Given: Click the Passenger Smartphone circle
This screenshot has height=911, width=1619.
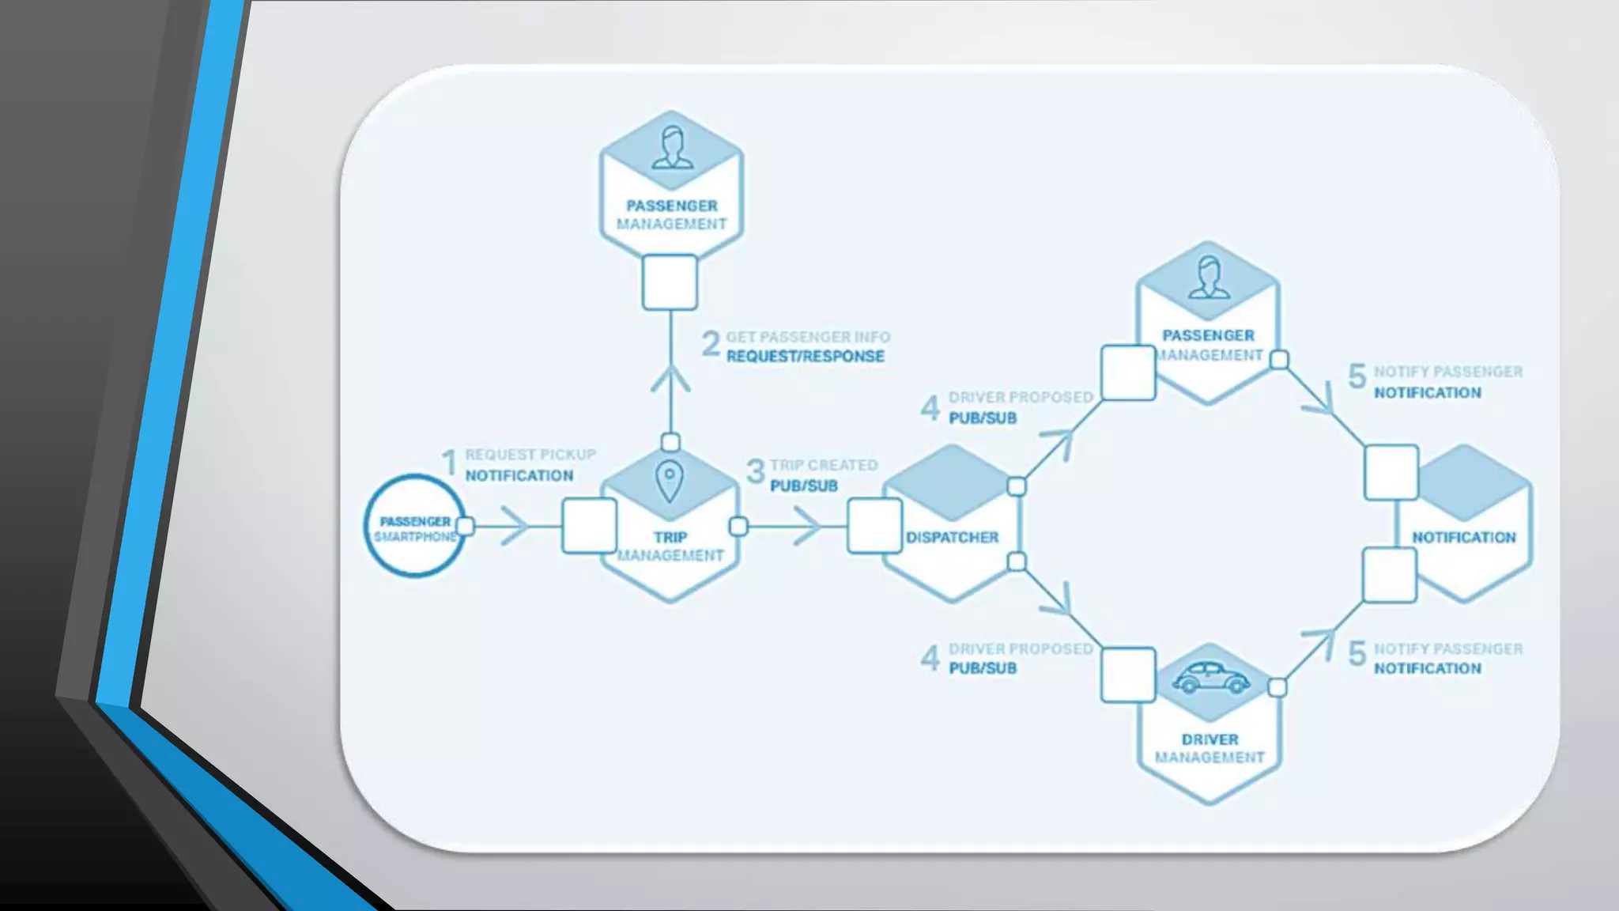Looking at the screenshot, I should pyautogui.click(x=414, y=526).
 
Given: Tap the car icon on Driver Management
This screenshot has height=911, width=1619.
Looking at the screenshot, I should pyautogui.click(x=1210, y=678).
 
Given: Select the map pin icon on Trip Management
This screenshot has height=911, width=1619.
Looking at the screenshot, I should pyautogui.click(x=670, y=480).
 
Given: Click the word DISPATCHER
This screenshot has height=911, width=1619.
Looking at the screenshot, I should pyautogui.click(x=952, y=538).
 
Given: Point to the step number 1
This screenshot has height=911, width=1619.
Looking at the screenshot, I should pyautogui.click(x=449, y=463).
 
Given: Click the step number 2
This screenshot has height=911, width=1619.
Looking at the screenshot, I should pyautogui.click(x=711, y=344).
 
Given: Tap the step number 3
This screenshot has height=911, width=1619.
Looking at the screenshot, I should pyautogui.click(x=756, y=472).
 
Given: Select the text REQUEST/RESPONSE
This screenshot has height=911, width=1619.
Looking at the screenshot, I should pyautogui.click(x=805, y=357).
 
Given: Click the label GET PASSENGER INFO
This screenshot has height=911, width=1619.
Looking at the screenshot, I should pyautogui.click(x=808, y=337).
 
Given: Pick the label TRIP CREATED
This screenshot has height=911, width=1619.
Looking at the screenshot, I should pyautogui.click(x=824, y=465).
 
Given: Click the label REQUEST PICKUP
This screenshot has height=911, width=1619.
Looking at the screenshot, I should pyautogui.click(x=530, y=455).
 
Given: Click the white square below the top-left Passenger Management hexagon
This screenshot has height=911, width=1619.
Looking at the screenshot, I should pyautogui.click(x=670, y=282).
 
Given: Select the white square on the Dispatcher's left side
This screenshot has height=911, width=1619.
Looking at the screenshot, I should pyautogui.click(x=874, y=526).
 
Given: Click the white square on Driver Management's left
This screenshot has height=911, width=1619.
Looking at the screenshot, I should pyautogui.click(x=1128, y=675).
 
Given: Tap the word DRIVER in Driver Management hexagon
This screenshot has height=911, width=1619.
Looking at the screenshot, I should pyautogui.click(x=1210, y=739).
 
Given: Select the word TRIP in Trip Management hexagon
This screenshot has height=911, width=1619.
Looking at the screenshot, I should pyautogui.click(x=670, y=538).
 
